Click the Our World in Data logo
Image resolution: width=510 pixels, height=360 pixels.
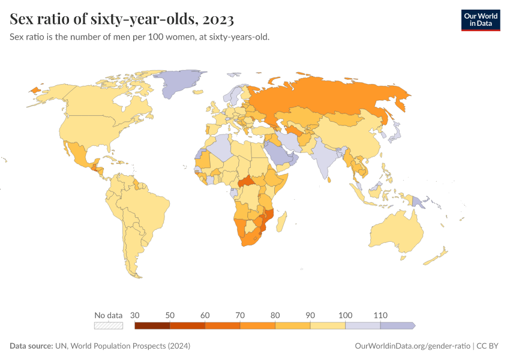(x=480, y=20)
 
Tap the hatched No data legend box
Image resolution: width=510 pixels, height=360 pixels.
(x=109, y=326)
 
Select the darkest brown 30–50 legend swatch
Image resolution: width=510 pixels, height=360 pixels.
(x=152, y=326)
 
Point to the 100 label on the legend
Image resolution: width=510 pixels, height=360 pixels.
(x=345, y=315)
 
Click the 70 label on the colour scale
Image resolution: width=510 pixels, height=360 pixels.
(x=240, y=315)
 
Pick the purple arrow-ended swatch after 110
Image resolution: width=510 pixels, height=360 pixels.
(x=397, y=326)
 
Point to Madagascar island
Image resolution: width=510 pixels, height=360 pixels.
(x=281, y=220)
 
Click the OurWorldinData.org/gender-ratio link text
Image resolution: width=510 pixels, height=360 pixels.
(x=412, y=346)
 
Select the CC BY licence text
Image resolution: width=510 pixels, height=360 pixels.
(x=488, y=346)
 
